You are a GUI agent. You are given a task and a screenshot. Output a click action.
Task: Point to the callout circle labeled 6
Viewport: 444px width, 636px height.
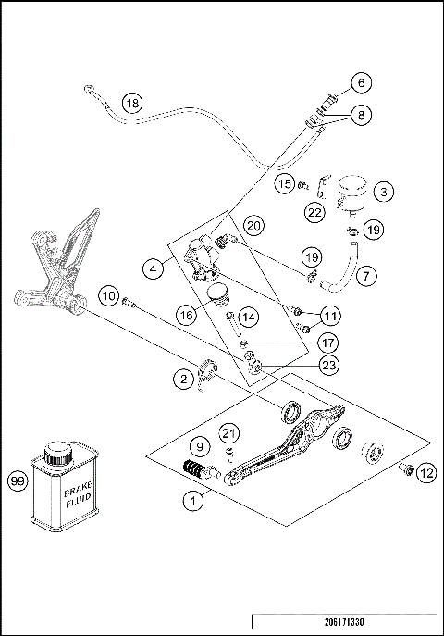coord(363,82)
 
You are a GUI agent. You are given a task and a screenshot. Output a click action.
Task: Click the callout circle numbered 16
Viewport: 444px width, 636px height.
coord(187,315)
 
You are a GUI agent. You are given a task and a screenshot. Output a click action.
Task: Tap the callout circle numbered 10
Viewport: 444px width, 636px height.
coord(110,296)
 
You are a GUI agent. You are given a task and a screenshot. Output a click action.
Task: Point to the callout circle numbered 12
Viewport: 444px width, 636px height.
coord(425,474)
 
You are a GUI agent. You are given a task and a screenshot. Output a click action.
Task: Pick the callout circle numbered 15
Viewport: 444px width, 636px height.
coord(286,184)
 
